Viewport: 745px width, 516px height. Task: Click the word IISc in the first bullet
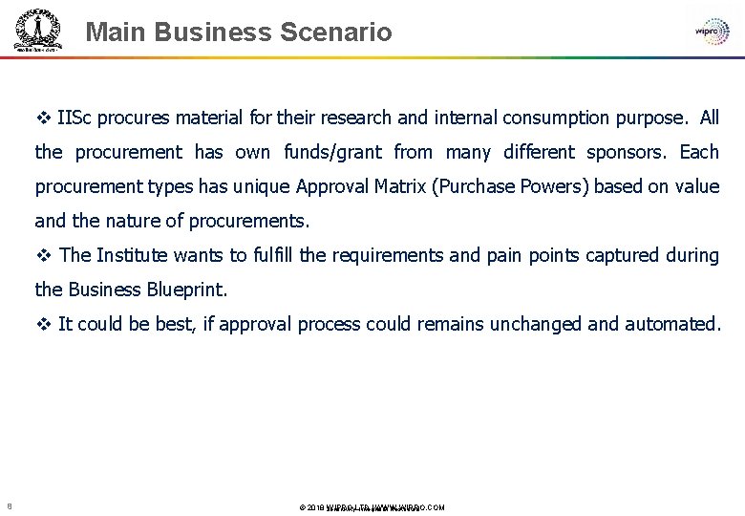click(x=74, y=118)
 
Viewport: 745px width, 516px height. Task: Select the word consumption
click(x=555, y=118)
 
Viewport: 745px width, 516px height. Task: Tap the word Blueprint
click(x=187, y=290)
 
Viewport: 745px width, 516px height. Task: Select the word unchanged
click(x=535, y=325)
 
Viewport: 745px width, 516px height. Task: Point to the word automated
click(x=672, y=325)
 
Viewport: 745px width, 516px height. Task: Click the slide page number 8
click(x=9, y=506)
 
